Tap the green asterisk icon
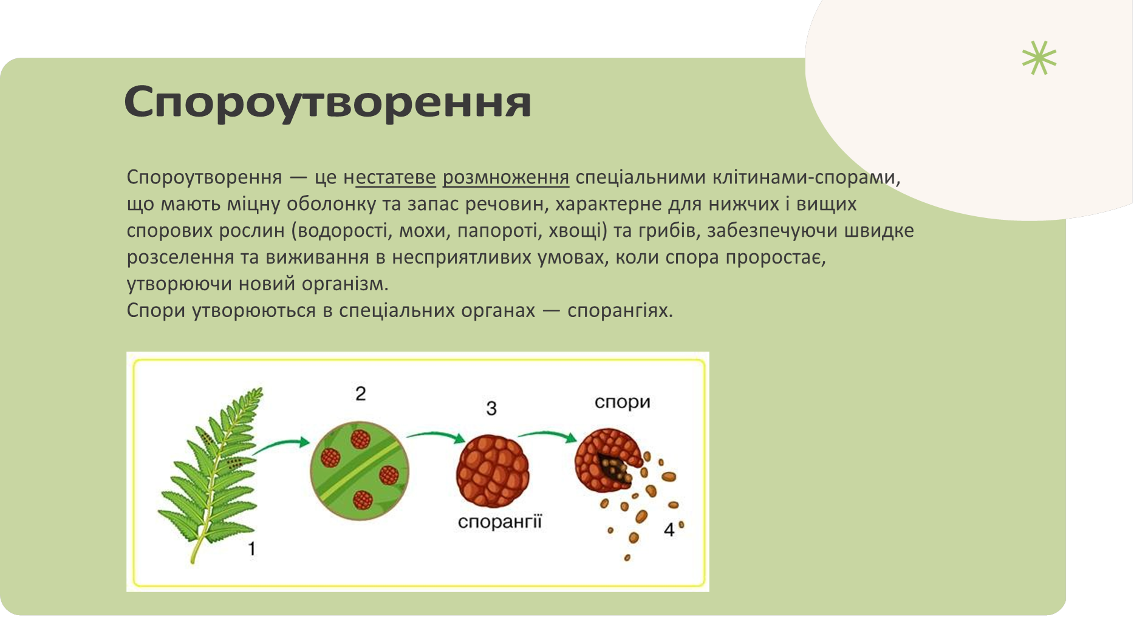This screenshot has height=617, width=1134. [x=1039, y=58]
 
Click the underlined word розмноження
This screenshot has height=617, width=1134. [x=505, y=177]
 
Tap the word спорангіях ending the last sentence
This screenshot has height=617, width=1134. [x=619, y=311]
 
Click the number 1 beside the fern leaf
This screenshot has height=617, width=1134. [x=251, y=549]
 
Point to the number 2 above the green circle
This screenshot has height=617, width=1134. [x=360, y=394]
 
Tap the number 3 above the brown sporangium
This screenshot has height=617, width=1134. [x=491, y=408]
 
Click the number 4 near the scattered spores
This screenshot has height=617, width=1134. [x=669, y=530]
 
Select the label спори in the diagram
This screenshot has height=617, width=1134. [x=622, y=403]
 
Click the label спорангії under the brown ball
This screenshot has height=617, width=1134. [x=499, y=522]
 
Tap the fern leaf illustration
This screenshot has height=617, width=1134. [x=213, y=474]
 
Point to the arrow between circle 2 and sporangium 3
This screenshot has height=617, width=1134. [x=435, y=435]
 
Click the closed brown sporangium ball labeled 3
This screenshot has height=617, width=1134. [x=493, y=471]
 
